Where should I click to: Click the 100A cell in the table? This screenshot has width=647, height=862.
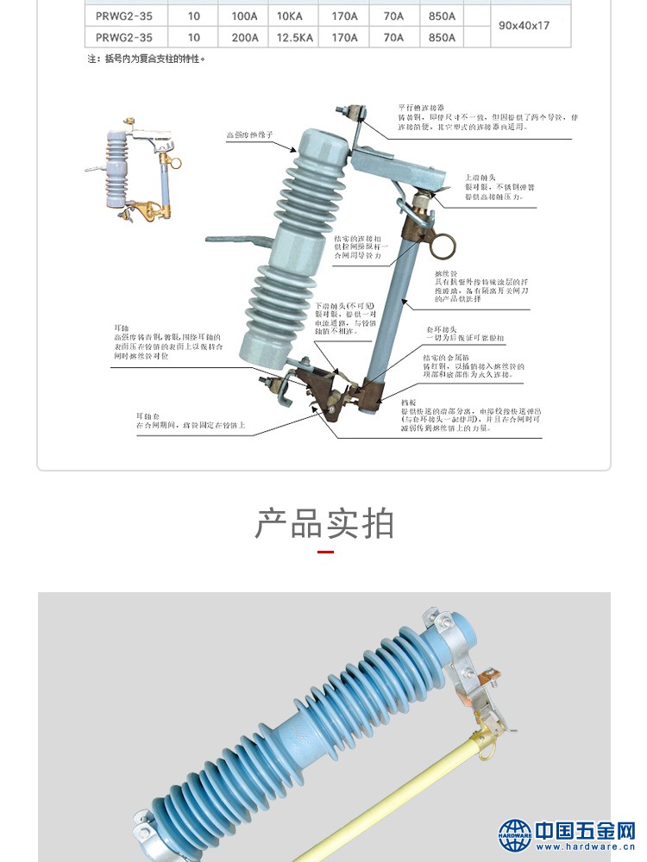[245, 16]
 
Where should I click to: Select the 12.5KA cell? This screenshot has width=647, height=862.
[294, 38]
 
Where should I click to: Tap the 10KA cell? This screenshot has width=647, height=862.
[290, 16]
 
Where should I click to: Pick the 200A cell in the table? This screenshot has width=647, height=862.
[245, 38]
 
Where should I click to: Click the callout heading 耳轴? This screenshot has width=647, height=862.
[122, 328]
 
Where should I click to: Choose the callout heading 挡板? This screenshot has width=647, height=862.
[409, 402]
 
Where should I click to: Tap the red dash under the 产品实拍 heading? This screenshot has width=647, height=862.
[325, 552]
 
